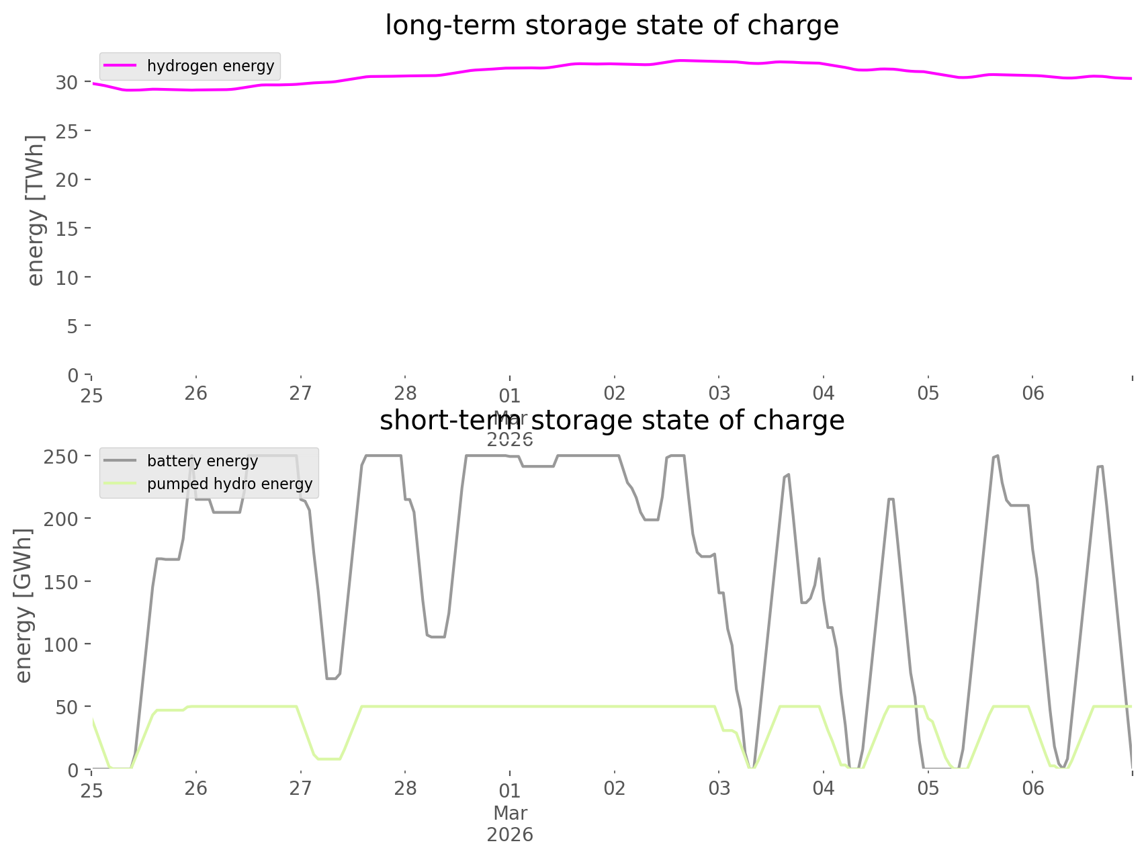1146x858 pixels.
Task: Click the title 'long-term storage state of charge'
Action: (x=611, y=26)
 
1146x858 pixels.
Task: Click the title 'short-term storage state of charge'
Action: (x=611, y=421)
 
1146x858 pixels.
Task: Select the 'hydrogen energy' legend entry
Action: (x=210, y=66)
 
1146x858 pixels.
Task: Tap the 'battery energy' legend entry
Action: (x=202, y=461)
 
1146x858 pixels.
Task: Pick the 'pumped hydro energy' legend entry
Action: (x=230, y=484)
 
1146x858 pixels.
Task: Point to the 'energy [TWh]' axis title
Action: (x=36, y=210)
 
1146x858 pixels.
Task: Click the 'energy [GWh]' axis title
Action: (x=24, y=606)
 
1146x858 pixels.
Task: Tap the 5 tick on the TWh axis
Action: (x=73, y=327)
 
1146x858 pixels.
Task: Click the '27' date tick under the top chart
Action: (x=300, y=393)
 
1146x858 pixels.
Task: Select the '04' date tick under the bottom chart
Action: (x=824, y=788)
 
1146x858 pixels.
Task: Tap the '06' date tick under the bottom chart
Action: (x=1033, y=788)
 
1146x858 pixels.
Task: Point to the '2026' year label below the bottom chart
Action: (x=510, y=835)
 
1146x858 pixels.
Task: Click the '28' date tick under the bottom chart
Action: (x=405, y=788)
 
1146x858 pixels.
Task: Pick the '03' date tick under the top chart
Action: (x=719, y=393)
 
